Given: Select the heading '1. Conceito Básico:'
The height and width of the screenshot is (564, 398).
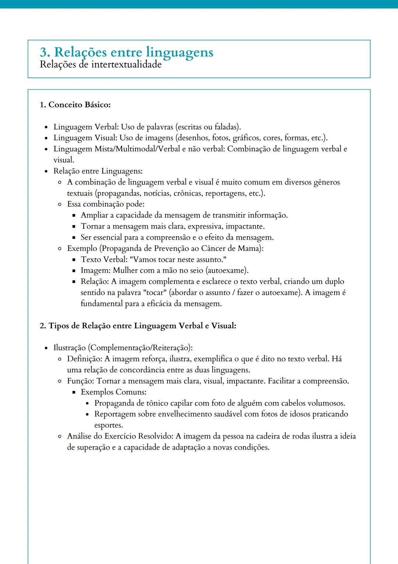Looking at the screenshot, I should coord(75,105).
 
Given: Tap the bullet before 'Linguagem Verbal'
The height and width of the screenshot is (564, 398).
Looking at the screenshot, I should coord(46,127).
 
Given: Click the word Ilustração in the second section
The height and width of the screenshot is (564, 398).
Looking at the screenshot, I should coord(69,348).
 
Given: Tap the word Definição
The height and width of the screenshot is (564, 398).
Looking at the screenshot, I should coord(84,359).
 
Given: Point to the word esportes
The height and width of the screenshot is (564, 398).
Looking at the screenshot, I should coord(108,425).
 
